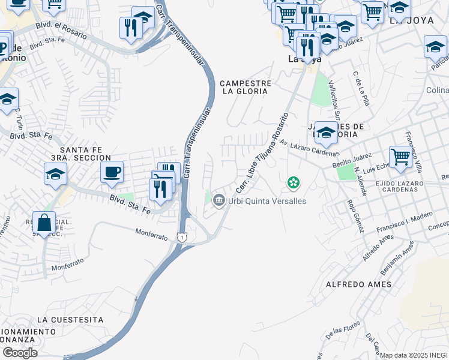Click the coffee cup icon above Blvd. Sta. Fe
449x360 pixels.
tap(112, 173)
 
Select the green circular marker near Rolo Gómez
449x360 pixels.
tap(294, 182)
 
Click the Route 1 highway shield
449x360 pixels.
tap(181, 238)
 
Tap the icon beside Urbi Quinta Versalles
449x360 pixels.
tap(219, 200)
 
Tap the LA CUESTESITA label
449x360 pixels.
tap(70, 320)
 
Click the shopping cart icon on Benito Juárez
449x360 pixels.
tap(400, 157)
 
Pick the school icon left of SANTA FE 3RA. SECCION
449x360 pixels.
tap(55, 174)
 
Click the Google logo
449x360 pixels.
tap(20, 353)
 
